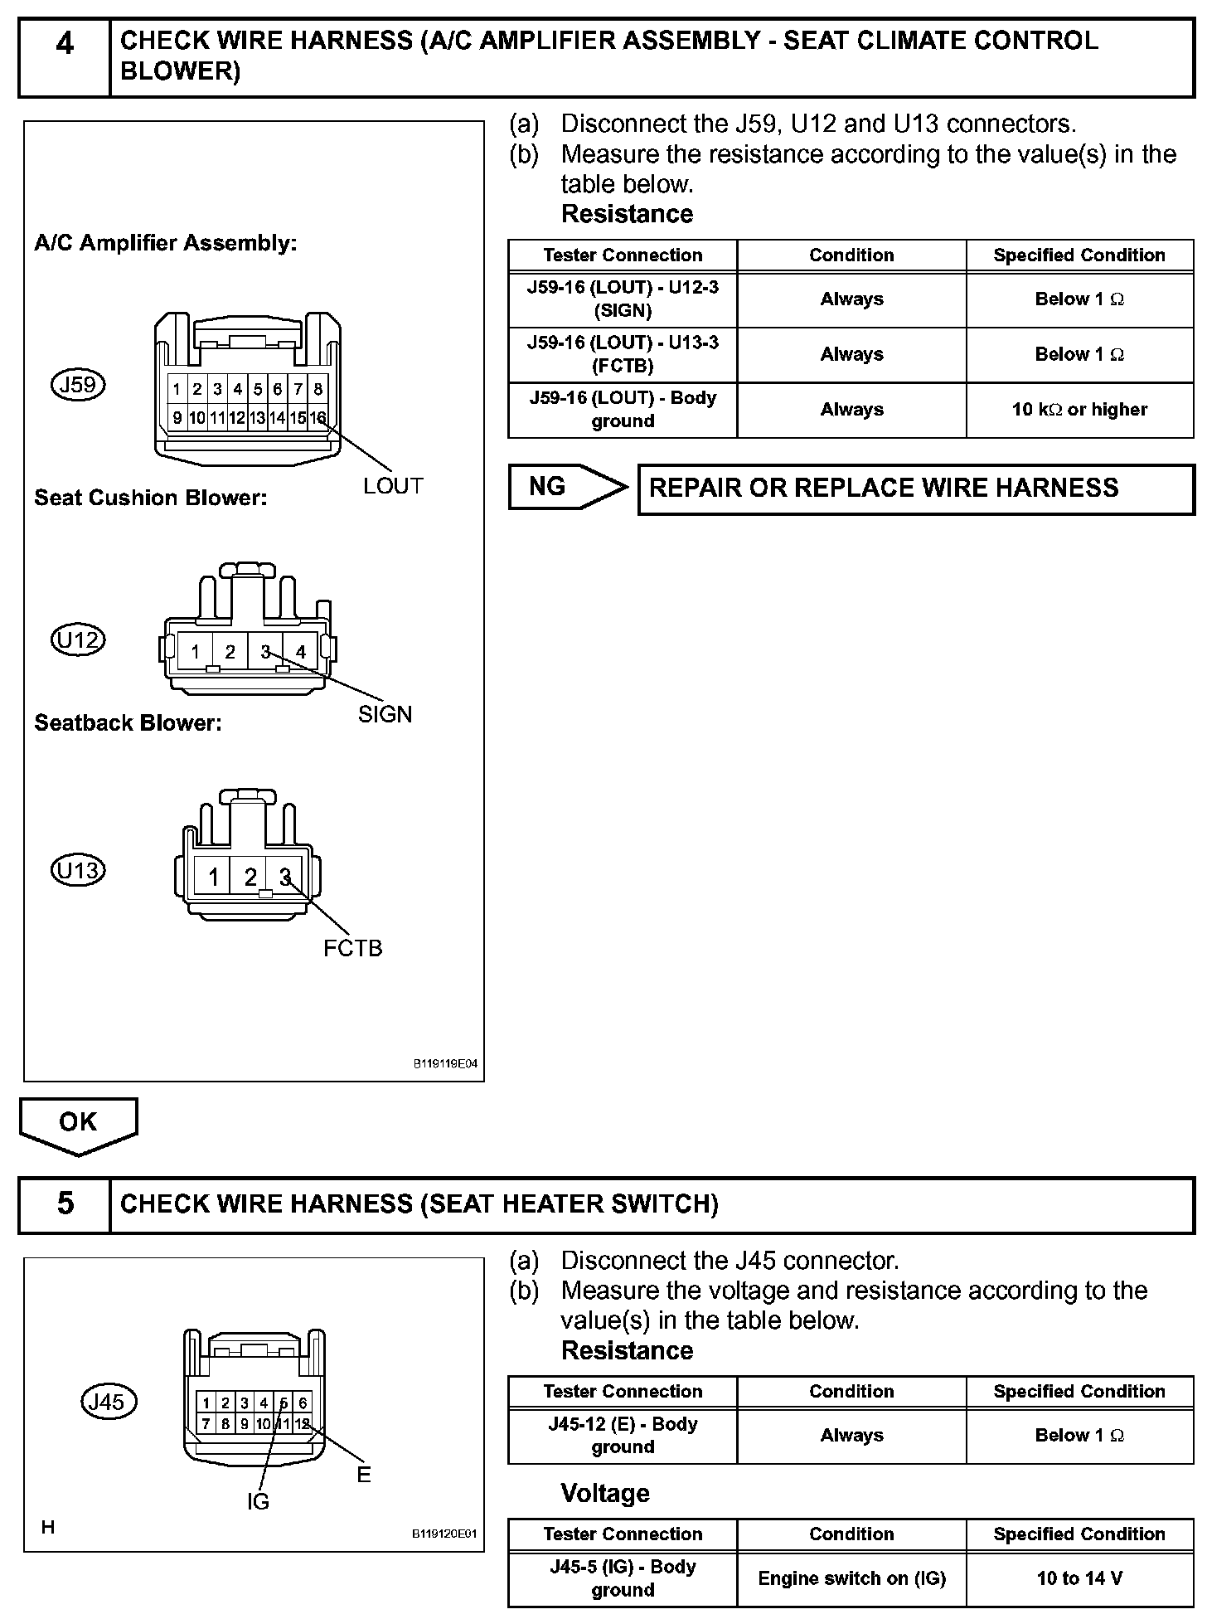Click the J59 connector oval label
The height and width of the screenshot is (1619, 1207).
pos(79,385)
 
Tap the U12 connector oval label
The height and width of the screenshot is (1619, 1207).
pos(78,640)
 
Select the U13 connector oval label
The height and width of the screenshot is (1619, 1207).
pos(78,871)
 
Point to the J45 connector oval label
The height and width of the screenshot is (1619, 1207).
pos(107,1402)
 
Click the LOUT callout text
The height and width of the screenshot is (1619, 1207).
pos(393,486)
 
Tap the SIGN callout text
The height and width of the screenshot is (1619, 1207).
pos(385,714)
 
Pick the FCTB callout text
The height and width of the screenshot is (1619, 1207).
pos(353,948)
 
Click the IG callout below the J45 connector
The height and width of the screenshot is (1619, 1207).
pos(258,1501)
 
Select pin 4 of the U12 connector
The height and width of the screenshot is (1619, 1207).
pos(300,652)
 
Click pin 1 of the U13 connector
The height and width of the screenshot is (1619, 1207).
pos(214,877)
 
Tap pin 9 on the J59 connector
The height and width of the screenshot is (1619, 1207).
pos(177,418)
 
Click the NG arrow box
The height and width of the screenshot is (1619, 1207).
pos(565,487)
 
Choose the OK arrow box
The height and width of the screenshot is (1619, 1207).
pos(78,1124)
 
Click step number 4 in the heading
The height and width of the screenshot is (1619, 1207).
pos(65,43)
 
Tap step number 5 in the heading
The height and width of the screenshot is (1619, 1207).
pos(65,1203)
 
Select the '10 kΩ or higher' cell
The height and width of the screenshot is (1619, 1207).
pos(1079,410)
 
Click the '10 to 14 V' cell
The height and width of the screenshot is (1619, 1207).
pos(1079,1578)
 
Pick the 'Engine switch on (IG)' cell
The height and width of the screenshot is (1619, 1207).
pos(851,1578)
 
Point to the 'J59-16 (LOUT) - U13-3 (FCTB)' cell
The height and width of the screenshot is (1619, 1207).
pos(623,354)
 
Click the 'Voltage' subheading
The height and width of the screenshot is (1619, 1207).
pos(605,1494)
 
